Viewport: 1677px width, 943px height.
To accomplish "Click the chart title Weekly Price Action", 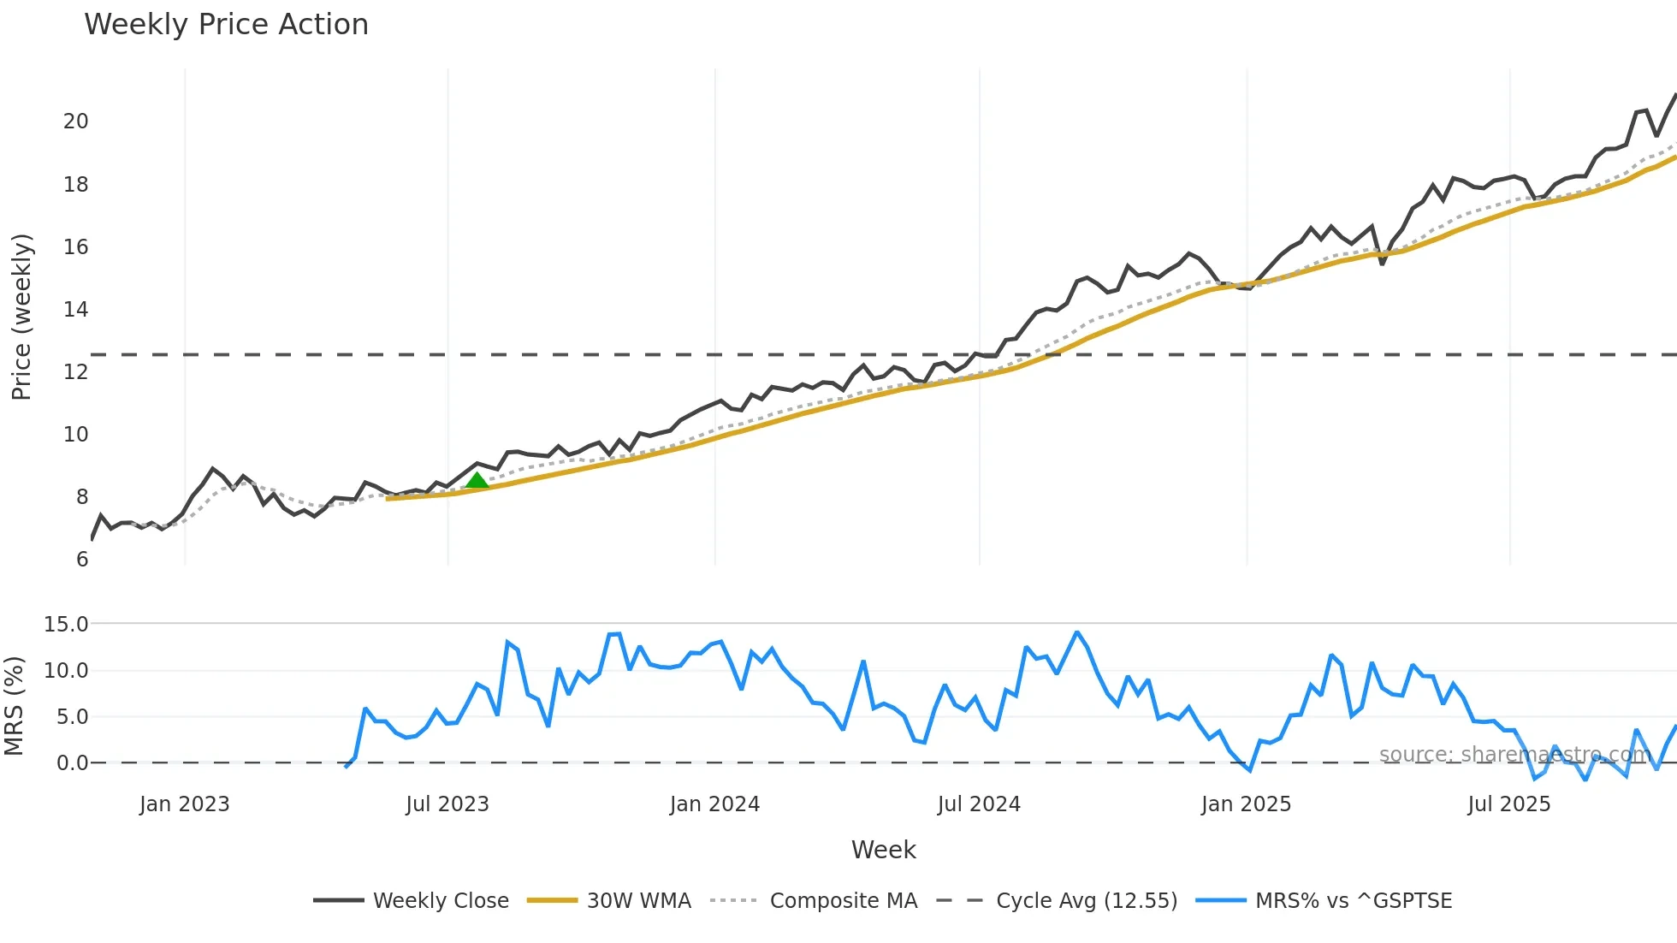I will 226,25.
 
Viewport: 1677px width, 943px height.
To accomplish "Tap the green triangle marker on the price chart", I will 477,480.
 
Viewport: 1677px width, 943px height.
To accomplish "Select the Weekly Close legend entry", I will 411,901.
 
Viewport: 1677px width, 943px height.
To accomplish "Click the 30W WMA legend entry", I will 609,901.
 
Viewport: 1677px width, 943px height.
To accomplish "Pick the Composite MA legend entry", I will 814,901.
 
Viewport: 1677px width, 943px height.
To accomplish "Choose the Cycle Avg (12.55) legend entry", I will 1057,901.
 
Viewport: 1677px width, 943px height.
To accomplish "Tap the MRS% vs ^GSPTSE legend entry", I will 1324,901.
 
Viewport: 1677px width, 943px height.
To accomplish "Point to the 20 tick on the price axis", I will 75,122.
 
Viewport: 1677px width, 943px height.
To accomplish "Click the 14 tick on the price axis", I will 75,310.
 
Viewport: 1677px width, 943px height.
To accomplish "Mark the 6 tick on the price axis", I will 81,560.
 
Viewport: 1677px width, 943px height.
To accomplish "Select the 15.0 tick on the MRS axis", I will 66,625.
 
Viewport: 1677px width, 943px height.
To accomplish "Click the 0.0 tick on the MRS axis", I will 72,763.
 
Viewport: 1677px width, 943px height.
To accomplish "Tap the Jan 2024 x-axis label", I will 714,804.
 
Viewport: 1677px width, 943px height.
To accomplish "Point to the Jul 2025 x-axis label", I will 1508,804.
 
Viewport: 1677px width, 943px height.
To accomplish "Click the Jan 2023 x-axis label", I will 185,804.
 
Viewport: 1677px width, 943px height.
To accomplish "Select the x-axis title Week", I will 883,850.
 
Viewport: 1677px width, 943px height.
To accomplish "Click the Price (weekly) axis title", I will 21,317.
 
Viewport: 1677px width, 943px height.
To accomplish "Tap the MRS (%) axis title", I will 14,706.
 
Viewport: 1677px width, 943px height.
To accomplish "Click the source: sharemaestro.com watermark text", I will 1514,755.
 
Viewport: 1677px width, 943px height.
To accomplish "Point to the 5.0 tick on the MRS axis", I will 72,717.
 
